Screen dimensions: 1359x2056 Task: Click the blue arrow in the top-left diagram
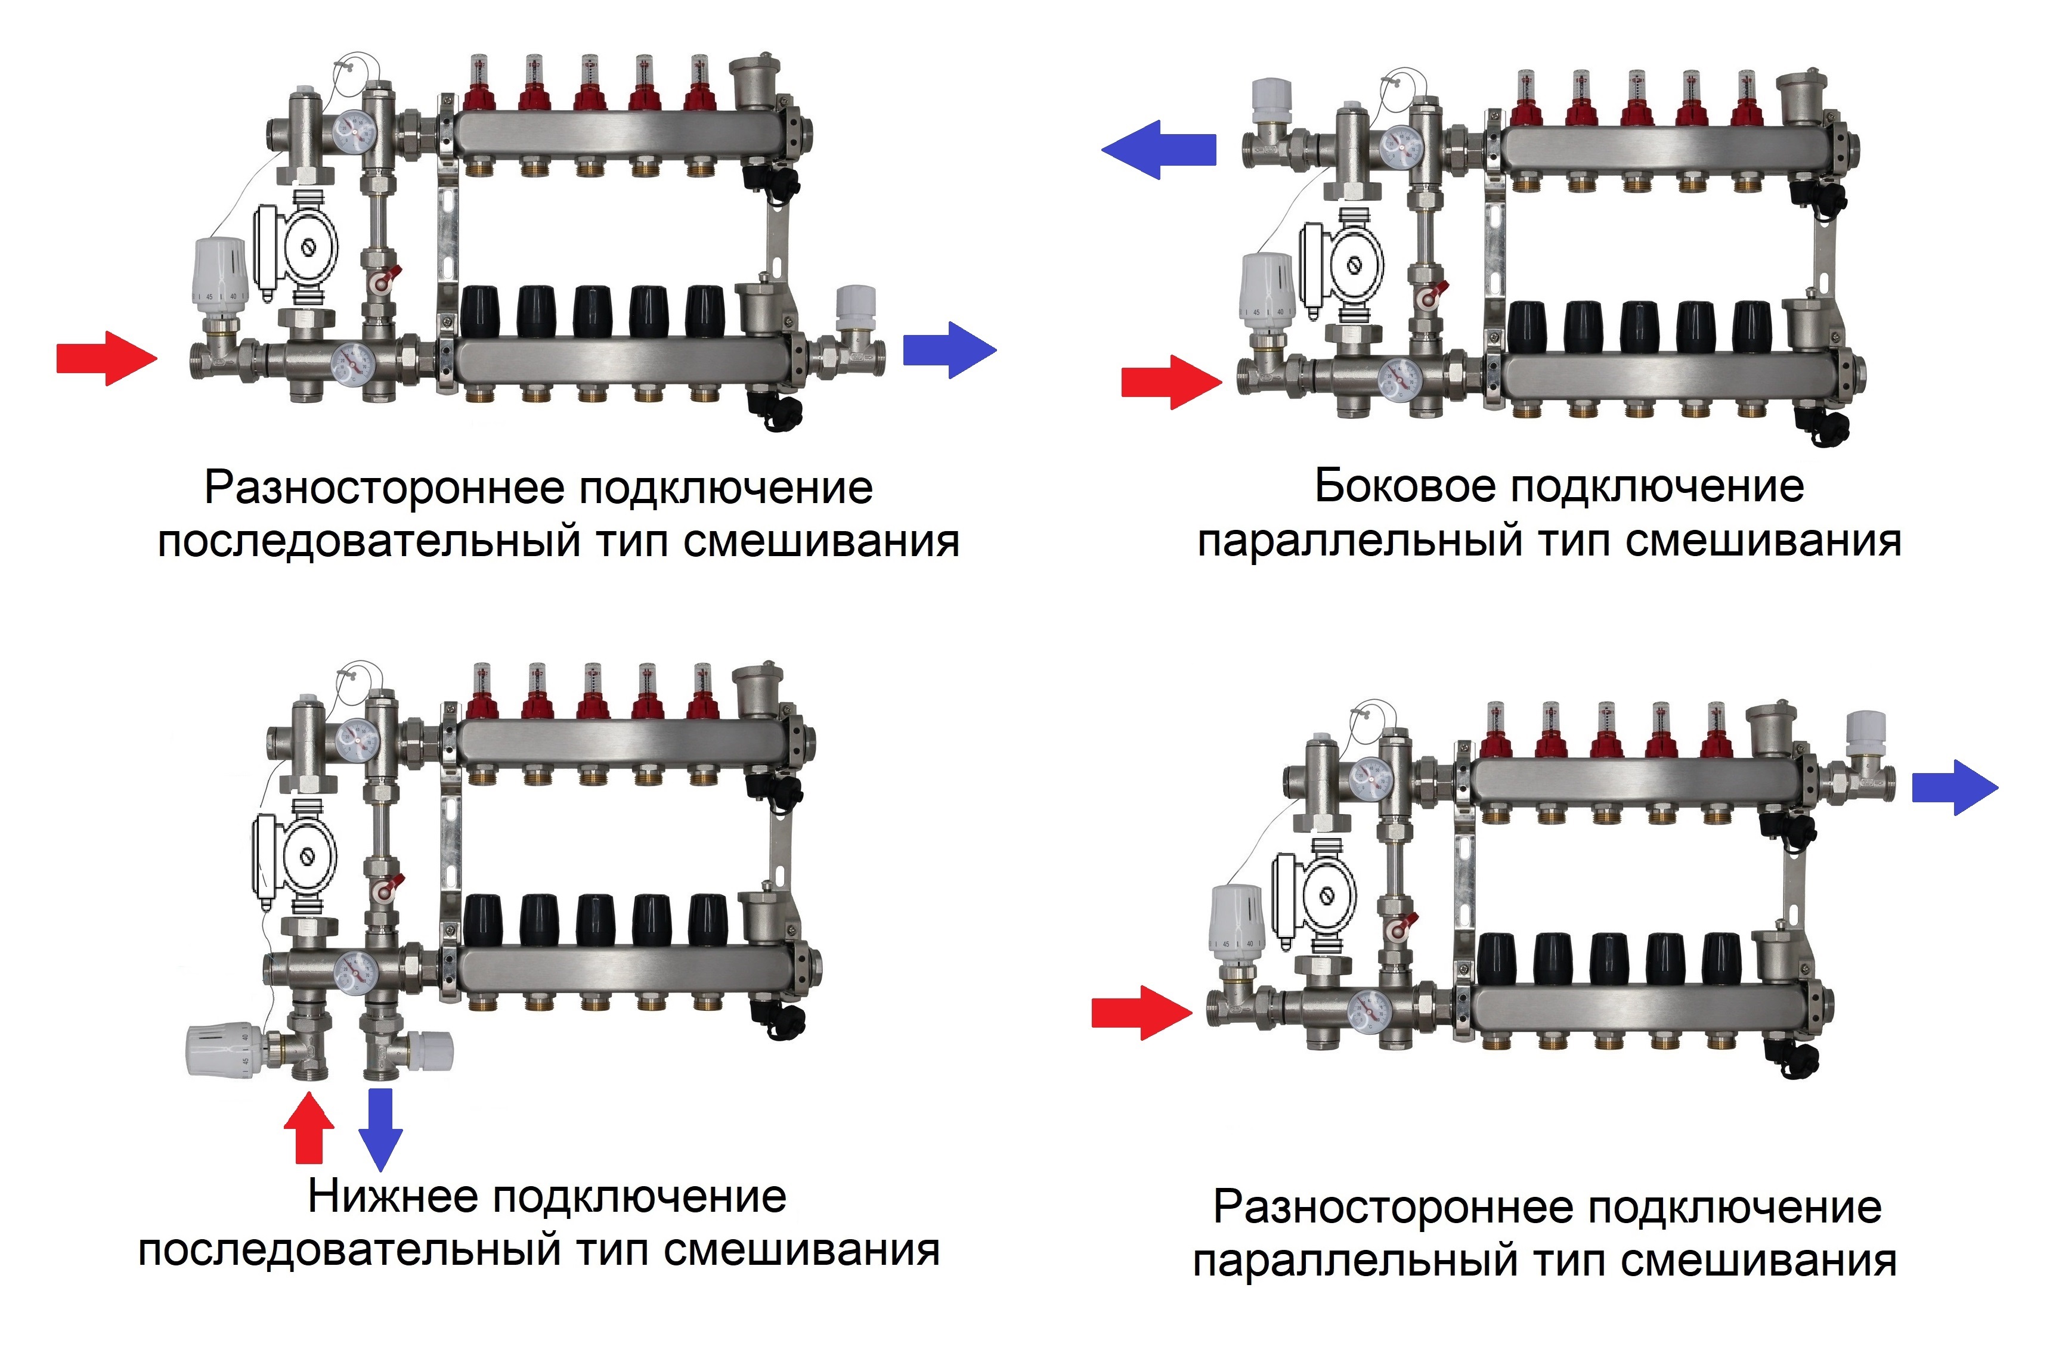[950, 349]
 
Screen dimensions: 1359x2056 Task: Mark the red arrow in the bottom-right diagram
[1141, 1012]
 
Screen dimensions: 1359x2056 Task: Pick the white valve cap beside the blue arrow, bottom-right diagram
[1865, 736]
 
